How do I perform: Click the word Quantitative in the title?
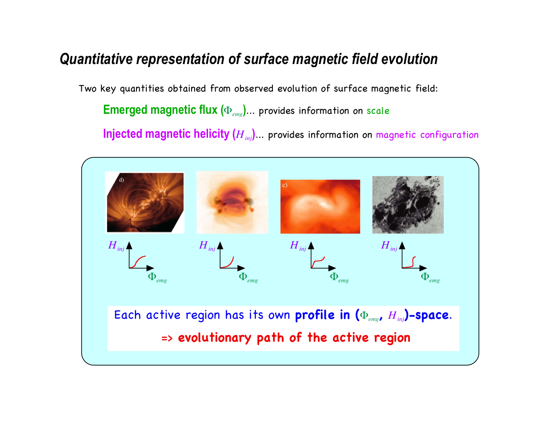96,59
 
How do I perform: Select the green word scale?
377,111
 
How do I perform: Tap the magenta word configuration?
449,135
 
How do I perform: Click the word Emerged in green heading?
125,110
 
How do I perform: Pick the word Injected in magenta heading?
123,134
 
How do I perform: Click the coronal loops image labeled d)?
144,202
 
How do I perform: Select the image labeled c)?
320,207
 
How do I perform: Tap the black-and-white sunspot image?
408,204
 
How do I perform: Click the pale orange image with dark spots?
232,202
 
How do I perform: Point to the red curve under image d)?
137,261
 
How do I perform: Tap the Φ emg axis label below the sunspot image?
430,277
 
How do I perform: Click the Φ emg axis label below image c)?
339,277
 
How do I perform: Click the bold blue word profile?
315,315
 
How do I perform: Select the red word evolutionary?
214,337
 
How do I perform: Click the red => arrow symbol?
167,338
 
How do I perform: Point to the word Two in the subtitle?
88,88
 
